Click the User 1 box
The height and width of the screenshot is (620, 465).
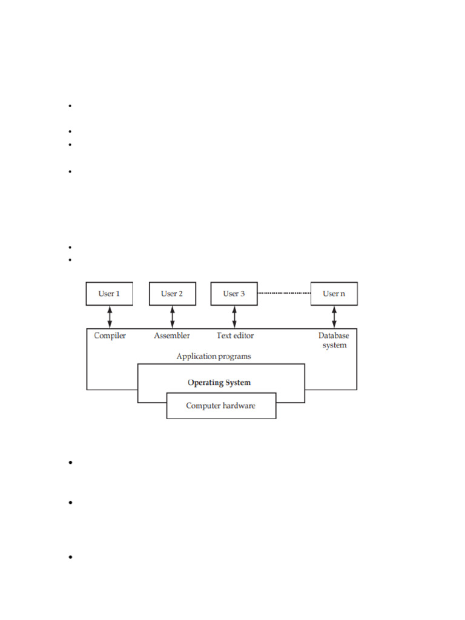point(110,294)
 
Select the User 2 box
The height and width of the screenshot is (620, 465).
point(173,294)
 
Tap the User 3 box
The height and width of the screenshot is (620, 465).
point(234,294)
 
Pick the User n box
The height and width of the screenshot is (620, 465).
point(334,294)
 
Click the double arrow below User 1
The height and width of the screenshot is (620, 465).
point(110,317)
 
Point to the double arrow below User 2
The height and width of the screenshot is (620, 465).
point(173,317)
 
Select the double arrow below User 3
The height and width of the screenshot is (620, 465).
point(234,317)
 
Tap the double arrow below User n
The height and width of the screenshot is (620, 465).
point(334,317)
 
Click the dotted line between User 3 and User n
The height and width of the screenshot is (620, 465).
point(285,293)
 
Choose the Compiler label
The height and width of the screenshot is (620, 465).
point(110,335)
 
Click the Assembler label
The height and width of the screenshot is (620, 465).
point(171,335)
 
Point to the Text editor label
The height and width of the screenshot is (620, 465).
point(236,335)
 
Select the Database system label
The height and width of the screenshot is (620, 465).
point(334,340)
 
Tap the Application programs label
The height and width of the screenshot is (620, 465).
point(214,357)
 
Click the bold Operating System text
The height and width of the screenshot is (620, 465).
point(219,383)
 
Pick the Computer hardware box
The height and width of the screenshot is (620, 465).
point(222,406)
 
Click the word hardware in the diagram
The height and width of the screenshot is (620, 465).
point(239,406)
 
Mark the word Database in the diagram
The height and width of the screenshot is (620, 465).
point(334,335)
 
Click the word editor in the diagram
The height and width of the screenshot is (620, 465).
point(243,335)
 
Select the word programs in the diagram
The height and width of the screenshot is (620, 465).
point(232,357)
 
